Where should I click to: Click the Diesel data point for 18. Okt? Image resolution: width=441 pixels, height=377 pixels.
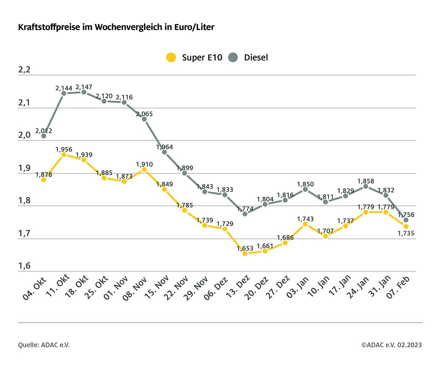[x=84, y=92]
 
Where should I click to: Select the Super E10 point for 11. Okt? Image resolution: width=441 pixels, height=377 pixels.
[x=64, y=155]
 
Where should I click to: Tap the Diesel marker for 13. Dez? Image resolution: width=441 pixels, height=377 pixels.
[x=245, y=214]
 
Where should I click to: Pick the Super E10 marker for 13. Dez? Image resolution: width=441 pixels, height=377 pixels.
[x=245, y=253]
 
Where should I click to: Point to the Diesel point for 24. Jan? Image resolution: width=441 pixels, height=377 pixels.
[x=366, y=186]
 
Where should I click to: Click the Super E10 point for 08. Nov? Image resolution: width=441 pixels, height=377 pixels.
[x=144, y=169]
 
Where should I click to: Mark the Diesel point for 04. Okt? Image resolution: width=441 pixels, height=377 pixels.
[x=44, y=136]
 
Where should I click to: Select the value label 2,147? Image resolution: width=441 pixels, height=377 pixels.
[x=84, y=87]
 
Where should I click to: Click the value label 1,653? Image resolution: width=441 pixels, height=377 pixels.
[x=245, y=248]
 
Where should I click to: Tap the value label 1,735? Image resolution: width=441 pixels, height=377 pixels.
[x=406, y=233]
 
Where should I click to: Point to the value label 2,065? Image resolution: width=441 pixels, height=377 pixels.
[x=144, y=114]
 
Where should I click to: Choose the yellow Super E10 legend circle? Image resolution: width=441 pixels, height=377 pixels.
[x=171, y=57]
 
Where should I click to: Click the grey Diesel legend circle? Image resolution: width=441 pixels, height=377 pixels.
[x=233, y=57]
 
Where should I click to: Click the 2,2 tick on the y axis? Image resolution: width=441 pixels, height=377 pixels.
[x=24, y=70]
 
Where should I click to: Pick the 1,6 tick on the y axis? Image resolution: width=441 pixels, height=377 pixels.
[x=24, y=266]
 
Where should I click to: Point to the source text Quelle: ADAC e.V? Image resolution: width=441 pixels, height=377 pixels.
[x=44, y=345]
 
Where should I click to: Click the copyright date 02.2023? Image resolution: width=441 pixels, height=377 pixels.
[x=409, y=345]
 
